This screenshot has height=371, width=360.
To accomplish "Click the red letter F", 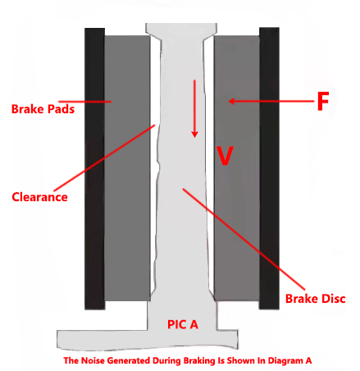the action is (x=323, y=101).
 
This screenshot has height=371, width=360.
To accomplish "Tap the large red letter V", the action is (x=225, y=155).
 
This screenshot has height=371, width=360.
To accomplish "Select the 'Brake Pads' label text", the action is (x=43, y=109).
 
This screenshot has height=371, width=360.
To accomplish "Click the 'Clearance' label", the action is (x=39, y=197).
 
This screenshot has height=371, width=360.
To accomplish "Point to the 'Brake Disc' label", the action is (x=316, y=299).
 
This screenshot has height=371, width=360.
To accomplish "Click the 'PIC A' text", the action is (x=183, y=324).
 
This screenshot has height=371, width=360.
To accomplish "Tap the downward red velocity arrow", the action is (x=194, y=108).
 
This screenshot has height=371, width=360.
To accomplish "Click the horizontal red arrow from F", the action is (x=271, y=101).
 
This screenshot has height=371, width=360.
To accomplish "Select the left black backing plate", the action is (x=94, y=168).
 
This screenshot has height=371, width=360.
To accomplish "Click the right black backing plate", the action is (x=269, y=168).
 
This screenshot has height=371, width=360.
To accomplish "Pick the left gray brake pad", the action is (x=127, y=168).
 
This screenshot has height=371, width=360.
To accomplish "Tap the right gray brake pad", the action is (x=237, y=168).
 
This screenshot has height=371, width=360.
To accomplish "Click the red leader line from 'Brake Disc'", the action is (x=244, y=239).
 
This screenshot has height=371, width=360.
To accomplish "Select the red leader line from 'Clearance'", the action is (x=104, y=158).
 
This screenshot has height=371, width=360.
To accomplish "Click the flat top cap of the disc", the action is (x=181, y=28).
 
